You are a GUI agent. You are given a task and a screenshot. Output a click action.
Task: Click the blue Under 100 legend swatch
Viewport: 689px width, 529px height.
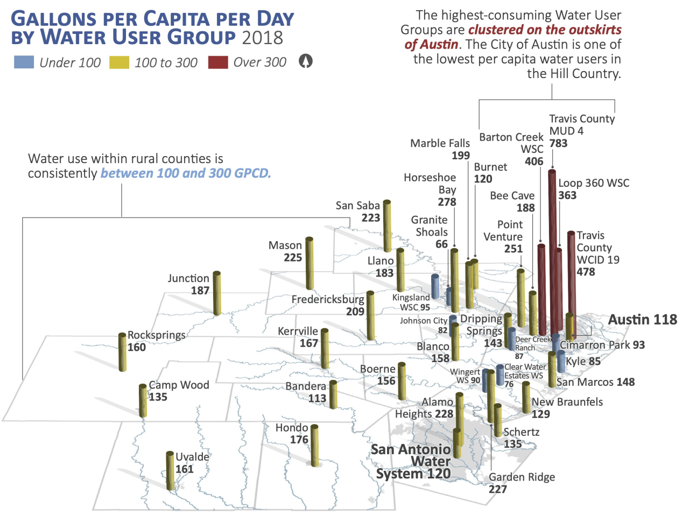(x=24, y=62)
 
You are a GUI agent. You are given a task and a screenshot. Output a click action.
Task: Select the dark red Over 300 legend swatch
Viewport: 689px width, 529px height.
(x=218, y=62)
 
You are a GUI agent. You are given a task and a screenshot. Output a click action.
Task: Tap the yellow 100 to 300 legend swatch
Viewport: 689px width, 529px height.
(x=119, y=62)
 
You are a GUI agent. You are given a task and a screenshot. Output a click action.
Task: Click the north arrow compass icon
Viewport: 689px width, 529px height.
(x=305, y=61)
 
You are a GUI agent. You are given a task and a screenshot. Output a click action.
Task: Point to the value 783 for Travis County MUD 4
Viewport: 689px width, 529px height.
(x=558, y=143)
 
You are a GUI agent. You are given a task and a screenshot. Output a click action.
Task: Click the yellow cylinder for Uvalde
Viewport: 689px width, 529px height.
(x=170, y=471)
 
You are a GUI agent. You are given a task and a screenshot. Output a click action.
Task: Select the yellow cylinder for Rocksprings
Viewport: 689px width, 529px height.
(x=123, y=352)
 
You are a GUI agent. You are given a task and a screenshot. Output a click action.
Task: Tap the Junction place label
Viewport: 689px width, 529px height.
(x=188, y=278)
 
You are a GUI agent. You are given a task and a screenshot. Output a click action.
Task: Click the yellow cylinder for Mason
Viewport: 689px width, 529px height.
(x=310, y=264)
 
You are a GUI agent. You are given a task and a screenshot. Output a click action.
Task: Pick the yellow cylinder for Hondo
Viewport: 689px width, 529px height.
(x=314, y=446)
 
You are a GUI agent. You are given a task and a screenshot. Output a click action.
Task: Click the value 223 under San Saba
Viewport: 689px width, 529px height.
(x=371, y=218)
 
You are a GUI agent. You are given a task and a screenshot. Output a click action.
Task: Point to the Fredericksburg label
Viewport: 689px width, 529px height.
(x=328, y=299)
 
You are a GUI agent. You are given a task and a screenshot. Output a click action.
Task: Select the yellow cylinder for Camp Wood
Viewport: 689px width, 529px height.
(x=143, y=401)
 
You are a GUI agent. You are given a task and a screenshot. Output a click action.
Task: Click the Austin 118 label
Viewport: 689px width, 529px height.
(x=642, y=320)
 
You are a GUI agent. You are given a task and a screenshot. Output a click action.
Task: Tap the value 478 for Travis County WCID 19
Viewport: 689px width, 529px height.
(x=586, y=272)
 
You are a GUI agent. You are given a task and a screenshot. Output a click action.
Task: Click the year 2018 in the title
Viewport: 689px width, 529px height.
(x=262, y=38)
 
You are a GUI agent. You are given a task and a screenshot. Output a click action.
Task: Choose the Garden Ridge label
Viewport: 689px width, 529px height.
(x=522, y=477)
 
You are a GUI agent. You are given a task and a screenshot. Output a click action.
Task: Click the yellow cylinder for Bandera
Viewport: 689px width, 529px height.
(x=333, y=394)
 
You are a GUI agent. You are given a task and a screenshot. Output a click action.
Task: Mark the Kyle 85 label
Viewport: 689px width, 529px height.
(x=583, y=361)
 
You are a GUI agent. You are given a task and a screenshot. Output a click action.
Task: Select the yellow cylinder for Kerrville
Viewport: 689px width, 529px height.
(x=325, y=349)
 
